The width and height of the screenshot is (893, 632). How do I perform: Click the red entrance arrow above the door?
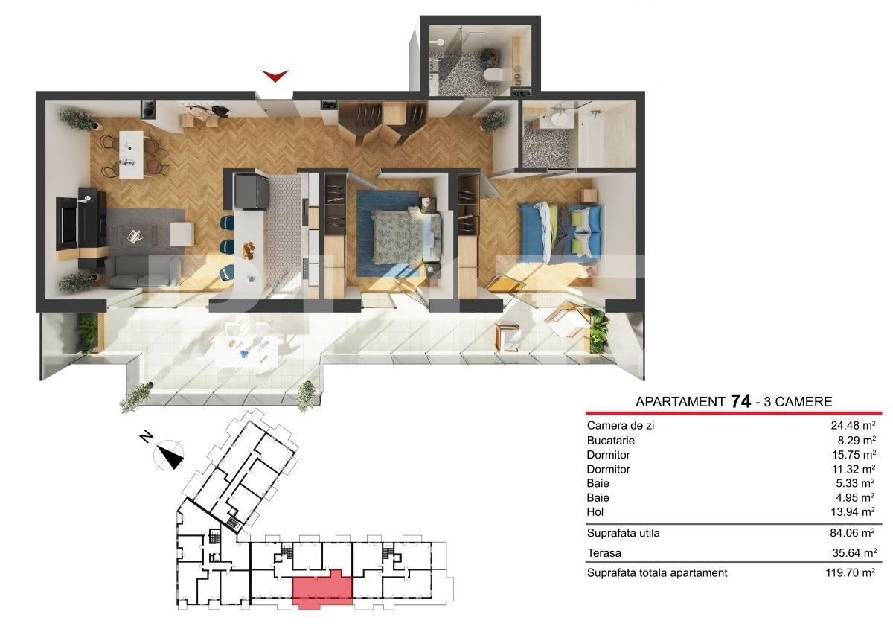(x=275, y=76)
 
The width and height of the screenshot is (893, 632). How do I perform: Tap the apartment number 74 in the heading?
(x=740, y=401)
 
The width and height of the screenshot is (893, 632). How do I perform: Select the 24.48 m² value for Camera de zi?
(x=853, y=426)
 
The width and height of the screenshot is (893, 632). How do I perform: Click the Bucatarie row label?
(x=611, y=440)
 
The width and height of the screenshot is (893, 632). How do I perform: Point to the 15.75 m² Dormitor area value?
(x=854, y=455)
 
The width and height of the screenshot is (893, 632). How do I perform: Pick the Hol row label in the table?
(x=595, y=512)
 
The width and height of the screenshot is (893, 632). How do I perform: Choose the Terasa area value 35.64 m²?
(x=854, y=552)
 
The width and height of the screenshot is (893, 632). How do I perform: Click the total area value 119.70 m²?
(x=851, y=572)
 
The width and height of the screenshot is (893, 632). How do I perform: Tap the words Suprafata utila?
(x=624, y=533)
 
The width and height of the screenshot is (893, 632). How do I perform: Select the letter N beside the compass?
(x=147, y=437)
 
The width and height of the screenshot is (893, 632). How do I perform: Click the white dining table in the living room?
(x=131, y=155)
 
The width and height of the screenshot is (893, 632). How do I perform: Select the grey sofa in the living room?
(x=144, y=272)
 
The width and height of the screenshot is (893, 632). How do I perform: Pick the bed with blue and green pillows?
(x=560, y=233)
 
